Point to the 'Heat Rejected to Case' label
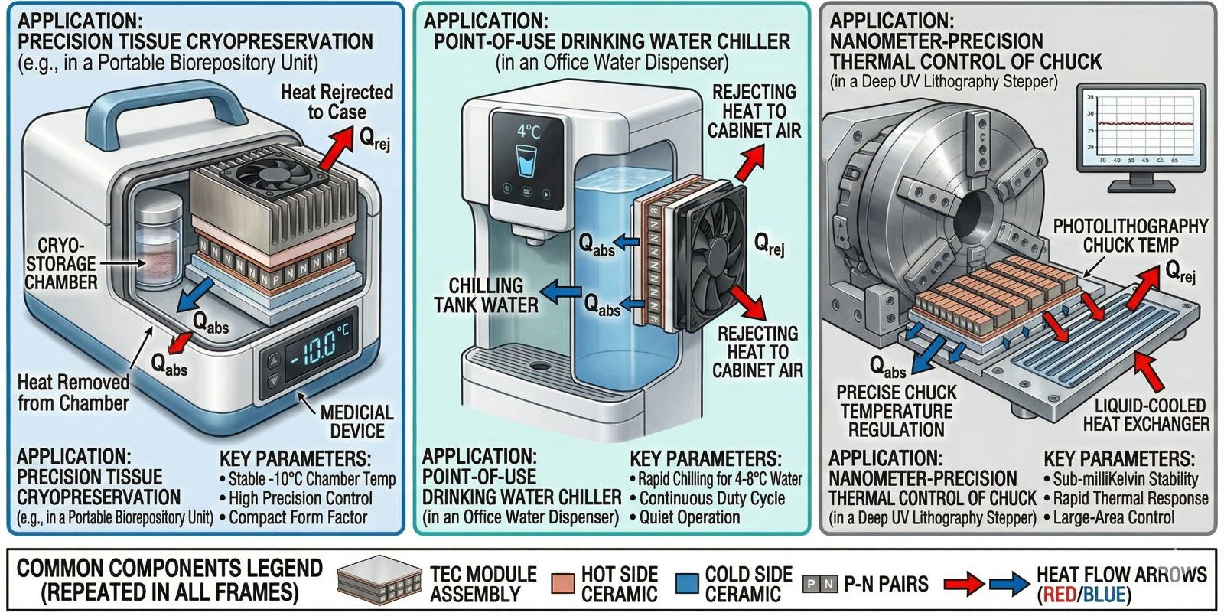pyautogui.click(x=337, y=102)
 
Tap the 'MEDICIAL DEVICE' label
pyautogui.click(x=356, y=421)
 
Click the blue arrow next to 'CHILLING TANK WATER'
pyautogui.click(x=562, y=290)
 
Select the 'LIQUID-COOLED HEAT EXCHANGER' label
pyautogui.click(x=1145, y=415)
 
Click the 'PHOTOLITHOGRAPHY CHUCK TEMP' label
pyautogui.click(x=1130, y=236)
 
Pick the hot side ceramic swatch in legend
pyautogui.click(x=562, y=585)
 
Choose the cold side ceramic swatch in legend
pyautogui.click(x=687, y=585)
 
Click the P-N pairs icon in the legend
pyautogui.click(x=819, y=585)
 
